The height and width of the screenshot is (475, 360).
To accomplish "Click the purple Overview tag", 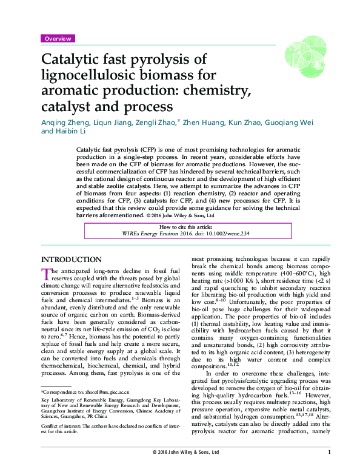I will click(x=58, y=38).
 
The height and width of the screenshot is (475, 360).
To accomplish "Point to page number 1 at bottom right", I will click(x=328, y=468).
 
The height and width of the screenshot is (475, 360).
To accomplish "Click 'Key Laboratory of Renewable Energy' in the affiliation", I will click(x=79, y=401).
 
